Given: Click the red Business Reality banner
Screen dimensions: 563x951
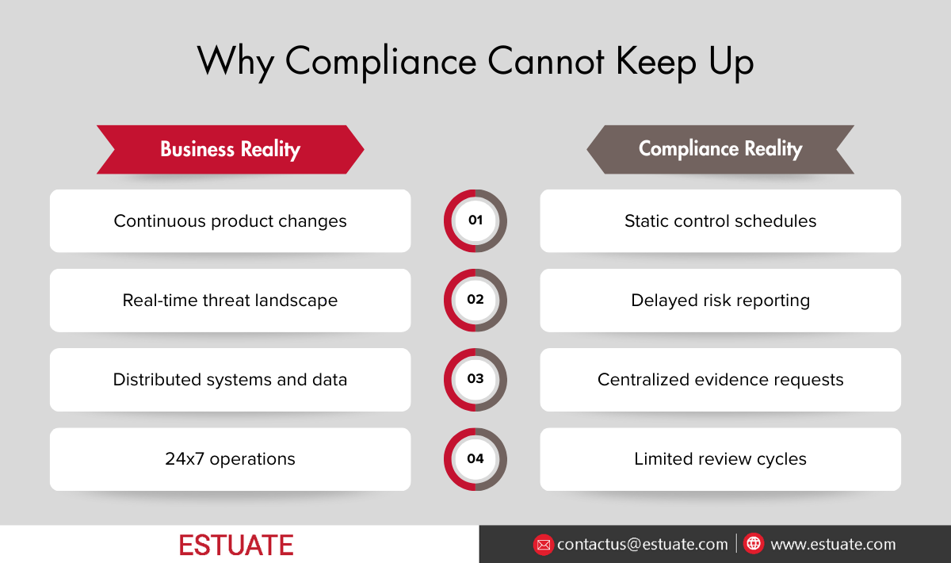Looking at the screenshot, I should coord(230,149).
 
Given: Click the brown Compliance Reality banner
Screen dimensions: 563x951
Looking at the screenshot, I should coord(720,149).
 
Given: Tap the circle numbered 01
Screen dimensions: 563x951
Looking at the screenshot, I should coord(475,220).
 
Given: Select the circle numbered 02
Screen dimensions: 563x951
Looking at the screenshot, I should coord(475,300).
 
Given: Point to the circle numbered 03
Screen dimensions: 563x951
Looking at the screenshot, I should coord(475,379).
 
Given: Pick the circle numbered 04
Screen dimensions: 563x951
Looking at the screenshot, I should coord(475,459).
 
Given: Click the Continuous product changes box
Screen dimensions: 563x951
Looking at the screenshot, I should coord(230,220).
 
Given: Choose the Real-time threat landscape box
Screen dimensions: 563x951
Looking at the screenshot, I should coord(230,300).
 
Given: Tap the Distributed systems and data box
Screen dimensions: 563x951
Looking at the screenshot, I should coord(230,379).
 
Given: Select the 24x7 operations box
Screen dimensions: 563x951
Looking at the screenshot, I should coord(230,459).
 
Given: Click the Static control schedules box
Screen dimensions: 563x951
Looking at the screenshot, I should coord(720,220).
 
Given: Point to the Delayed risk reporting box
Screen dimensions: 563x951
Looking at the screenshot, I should coord(720,300).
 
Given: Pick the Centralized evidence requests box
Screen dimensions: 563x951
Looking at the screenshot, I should coord(720,379).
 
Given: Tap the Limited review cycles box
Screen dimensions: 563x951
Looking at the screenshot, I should coord(720,459).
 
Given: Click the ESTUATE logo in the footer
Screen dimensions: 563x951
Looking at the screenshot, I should coord(236,545).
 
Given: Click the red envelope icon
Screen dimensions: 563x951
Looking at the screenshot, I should coord(543,545).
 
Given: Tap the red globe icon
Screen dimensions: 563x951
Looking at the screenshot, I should coord(754,544).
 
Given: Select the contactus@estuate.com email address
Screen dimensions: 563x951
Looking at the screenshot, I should coord(642,545).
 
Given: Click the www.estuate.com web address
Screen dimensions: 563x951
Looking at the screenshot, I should coord(833,545).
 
